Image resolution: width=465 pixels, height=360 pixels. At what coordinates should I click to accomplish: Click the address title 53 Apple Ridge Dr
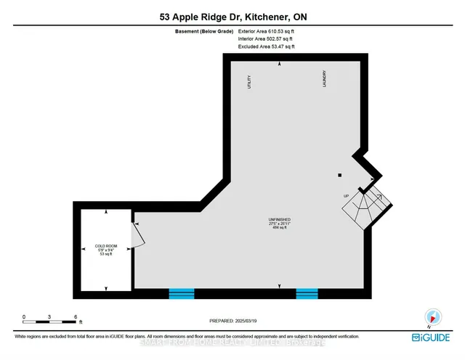[232, 16]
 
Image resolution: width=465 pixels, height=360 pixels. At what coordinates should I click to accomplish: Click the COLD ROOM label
[106, 247]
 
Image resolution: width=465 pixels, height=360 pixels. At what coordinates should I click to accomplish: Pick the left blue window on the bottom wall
[182, 294]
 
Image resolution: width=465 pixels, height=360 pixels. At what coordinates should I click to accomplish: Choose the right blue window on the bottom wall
[307, 294]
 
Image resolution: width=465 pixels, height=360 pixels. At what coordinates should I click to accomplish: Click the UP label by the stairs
[347, 196]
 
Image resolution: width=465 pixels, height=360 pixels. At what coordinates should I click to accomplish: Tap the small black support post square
[339, 175]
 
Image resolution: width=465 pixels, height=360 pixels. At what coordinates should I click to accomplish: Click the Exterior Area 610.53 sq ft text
[266, 32]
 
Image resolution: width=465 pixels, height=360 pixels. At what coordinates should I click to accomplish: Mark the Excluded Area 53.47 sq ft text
[266, 46]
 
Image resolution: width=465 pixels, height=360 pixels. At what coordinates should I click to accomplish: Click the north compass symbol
[434, 316]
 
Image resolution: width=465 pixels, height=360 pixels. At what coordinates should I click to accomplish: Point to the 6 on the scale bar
[76, 317]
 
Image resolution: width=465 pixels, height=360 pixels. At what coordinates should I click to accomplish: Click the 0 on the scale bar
[23, 317]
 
